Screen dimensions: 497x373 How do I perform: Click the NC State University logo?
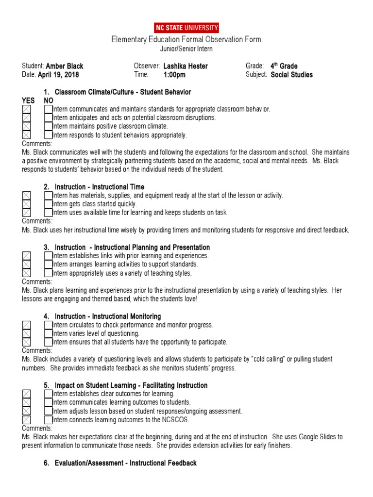pos(186,28)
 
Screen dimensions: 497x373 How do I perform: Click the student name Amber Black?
pos(64,66)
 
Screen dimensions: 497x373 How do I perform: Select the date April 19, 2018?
pos(58,75)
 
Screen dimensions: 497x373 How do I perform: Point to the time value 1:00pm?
pos(174,75)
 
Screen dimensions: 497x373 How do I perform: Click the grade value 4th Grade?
pos(284,66)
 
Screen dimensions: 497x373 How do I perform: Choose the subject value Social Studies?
pos(291,75)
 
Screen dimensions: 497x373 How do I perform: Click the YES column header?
pos(28,100)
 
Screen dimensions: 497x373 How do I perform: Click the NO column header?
pos(49,100)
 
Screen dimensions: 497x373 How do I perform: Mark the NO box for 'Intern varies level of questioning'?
pos(48,333)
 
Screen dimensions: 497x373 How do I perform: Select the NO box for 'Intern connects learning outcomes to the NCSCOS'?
pos(48,420)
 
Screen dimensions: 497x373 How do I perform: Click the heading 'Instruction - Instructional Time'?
pos(99,187)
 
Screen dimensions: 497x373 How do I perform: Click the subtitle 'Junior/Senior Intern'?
pos(186,49)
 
